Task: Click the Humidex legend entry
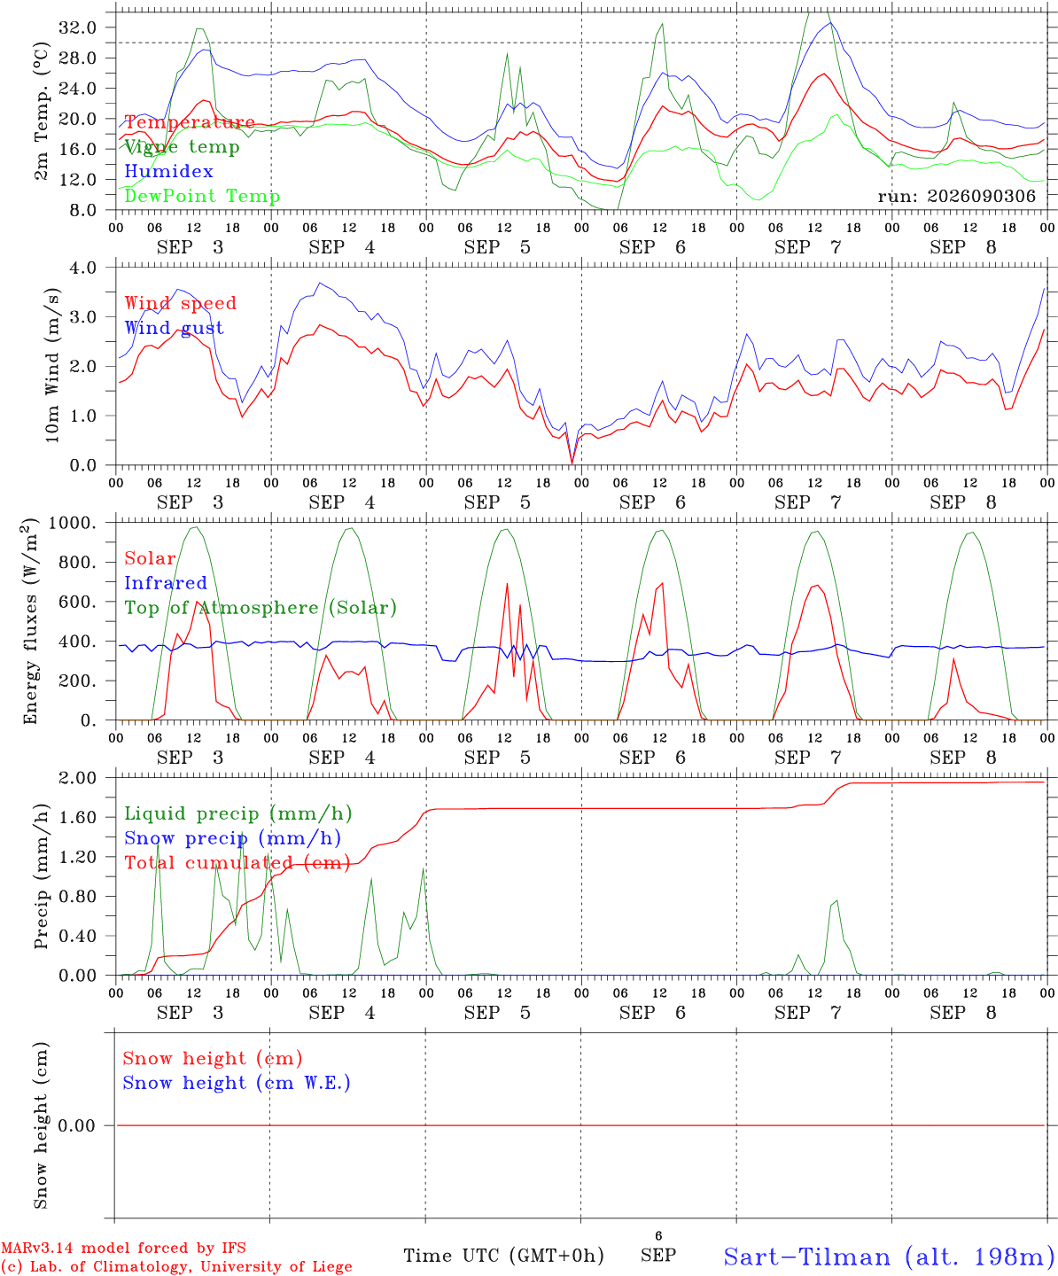click(168, 171)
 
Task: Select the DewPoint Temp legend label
click(202, 196)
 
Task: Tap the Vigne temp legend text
click(182, 147)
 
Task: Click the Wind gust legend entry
click(175, 328)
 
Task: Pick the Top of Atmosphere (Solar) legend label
click(261, 608)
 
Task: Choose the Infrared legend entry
click(166, 583)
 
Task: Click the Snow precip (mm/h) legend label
click(233, 838)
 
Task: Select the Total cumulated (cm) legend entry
click(237, 862)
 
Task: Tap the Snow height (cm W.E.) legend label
click(237, 1083)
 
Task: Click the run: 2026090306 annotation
click(956, 196)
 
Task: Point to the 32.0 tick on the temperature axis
click(78, 27)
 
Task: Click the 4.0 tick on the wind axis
click(83, 268)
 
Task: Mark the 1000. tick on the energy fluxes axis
click(73, 523)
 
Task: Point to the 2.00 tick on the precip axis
click(78, 778)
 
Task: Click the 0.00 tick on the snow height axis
click(77, 1125)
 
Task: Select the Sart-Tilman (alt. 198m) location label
click(890, 1257)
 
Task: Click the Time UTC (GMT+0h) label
click(503, 1256)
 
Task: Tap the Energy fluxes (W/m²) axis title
click(30, 621)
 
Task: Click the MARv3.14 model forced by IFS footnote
click(123, 1248)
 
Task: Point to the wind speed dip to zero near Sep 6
click(572, 463)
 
